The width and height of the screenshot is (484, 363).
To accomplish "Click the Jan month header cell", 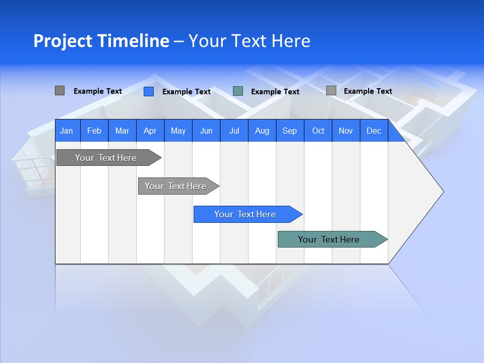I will [67, 131].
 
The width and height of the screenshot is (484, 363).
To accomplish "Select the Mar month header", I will [122, 131].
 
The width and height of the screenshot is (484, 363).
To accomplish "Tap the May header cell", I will [178, 131].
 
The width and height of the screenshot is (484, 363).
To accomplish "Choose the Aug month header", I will [262, 131].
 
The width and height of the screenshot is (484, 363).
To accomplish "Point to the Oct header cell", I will [318, 131].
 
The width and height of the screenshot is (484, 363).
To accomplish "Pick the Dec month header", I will [374, 131].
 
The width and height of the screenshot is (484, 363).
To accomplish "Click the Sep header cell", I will [289, 131].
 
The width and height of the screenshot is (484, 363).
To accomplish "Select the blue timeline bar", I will [245, 214].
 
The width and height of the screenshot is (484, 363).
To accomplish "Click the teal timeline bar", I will [329, 239].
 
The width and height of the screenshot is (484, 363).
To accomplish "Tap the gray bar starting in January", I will [106, 158].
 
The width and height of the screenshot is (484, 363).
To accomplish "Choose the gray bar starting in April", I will [175, 186].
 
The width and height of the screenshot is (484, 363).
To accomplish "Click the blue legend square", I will [149, 91].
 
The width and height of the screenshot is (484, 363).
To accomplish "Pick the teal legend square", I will [238, 91].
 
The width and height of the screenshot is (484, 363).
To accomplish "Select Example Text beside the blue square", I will [187, 92].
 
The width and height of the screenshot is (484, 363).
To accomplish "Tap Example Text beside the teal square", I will [275, 92].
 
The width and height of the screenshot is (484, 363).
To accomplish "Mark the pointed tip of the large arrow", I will [443, 191].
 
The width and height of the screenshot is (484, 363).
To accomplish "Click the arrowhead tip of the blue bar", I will [301, 214].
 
